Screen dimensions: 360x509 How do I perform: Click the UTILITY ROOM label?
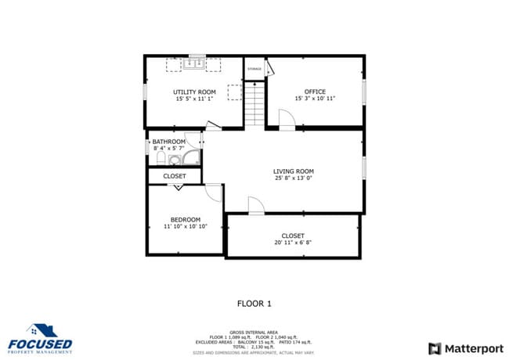[194, 92]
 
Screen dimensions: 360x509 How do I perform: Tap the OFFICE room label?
[315, 92]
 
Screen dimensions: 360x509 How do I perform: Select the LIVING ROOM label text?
[293, 171]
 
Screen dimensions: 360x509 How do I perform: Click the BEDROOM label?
[186, 219]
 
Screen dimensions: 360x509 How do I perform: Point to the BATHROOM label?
[169, 142]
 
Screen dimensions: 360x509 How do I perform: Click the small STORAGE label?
[254, 70]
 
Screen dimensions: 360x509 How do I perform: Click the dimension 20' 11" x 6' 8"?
[293, 243]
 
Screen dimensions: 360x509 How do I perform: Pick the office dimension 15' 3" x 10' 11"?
[315, 99]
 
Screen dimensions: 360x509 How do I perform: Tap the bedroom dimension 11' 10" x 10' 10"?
[186, 227]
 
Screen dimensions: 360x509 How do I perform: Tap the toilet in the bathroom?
[160, 159]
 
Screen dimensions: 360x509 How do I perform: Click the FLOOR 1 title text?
[254, 303]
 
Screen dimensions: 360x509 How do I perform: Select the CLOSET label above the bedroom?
[175, 177]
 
